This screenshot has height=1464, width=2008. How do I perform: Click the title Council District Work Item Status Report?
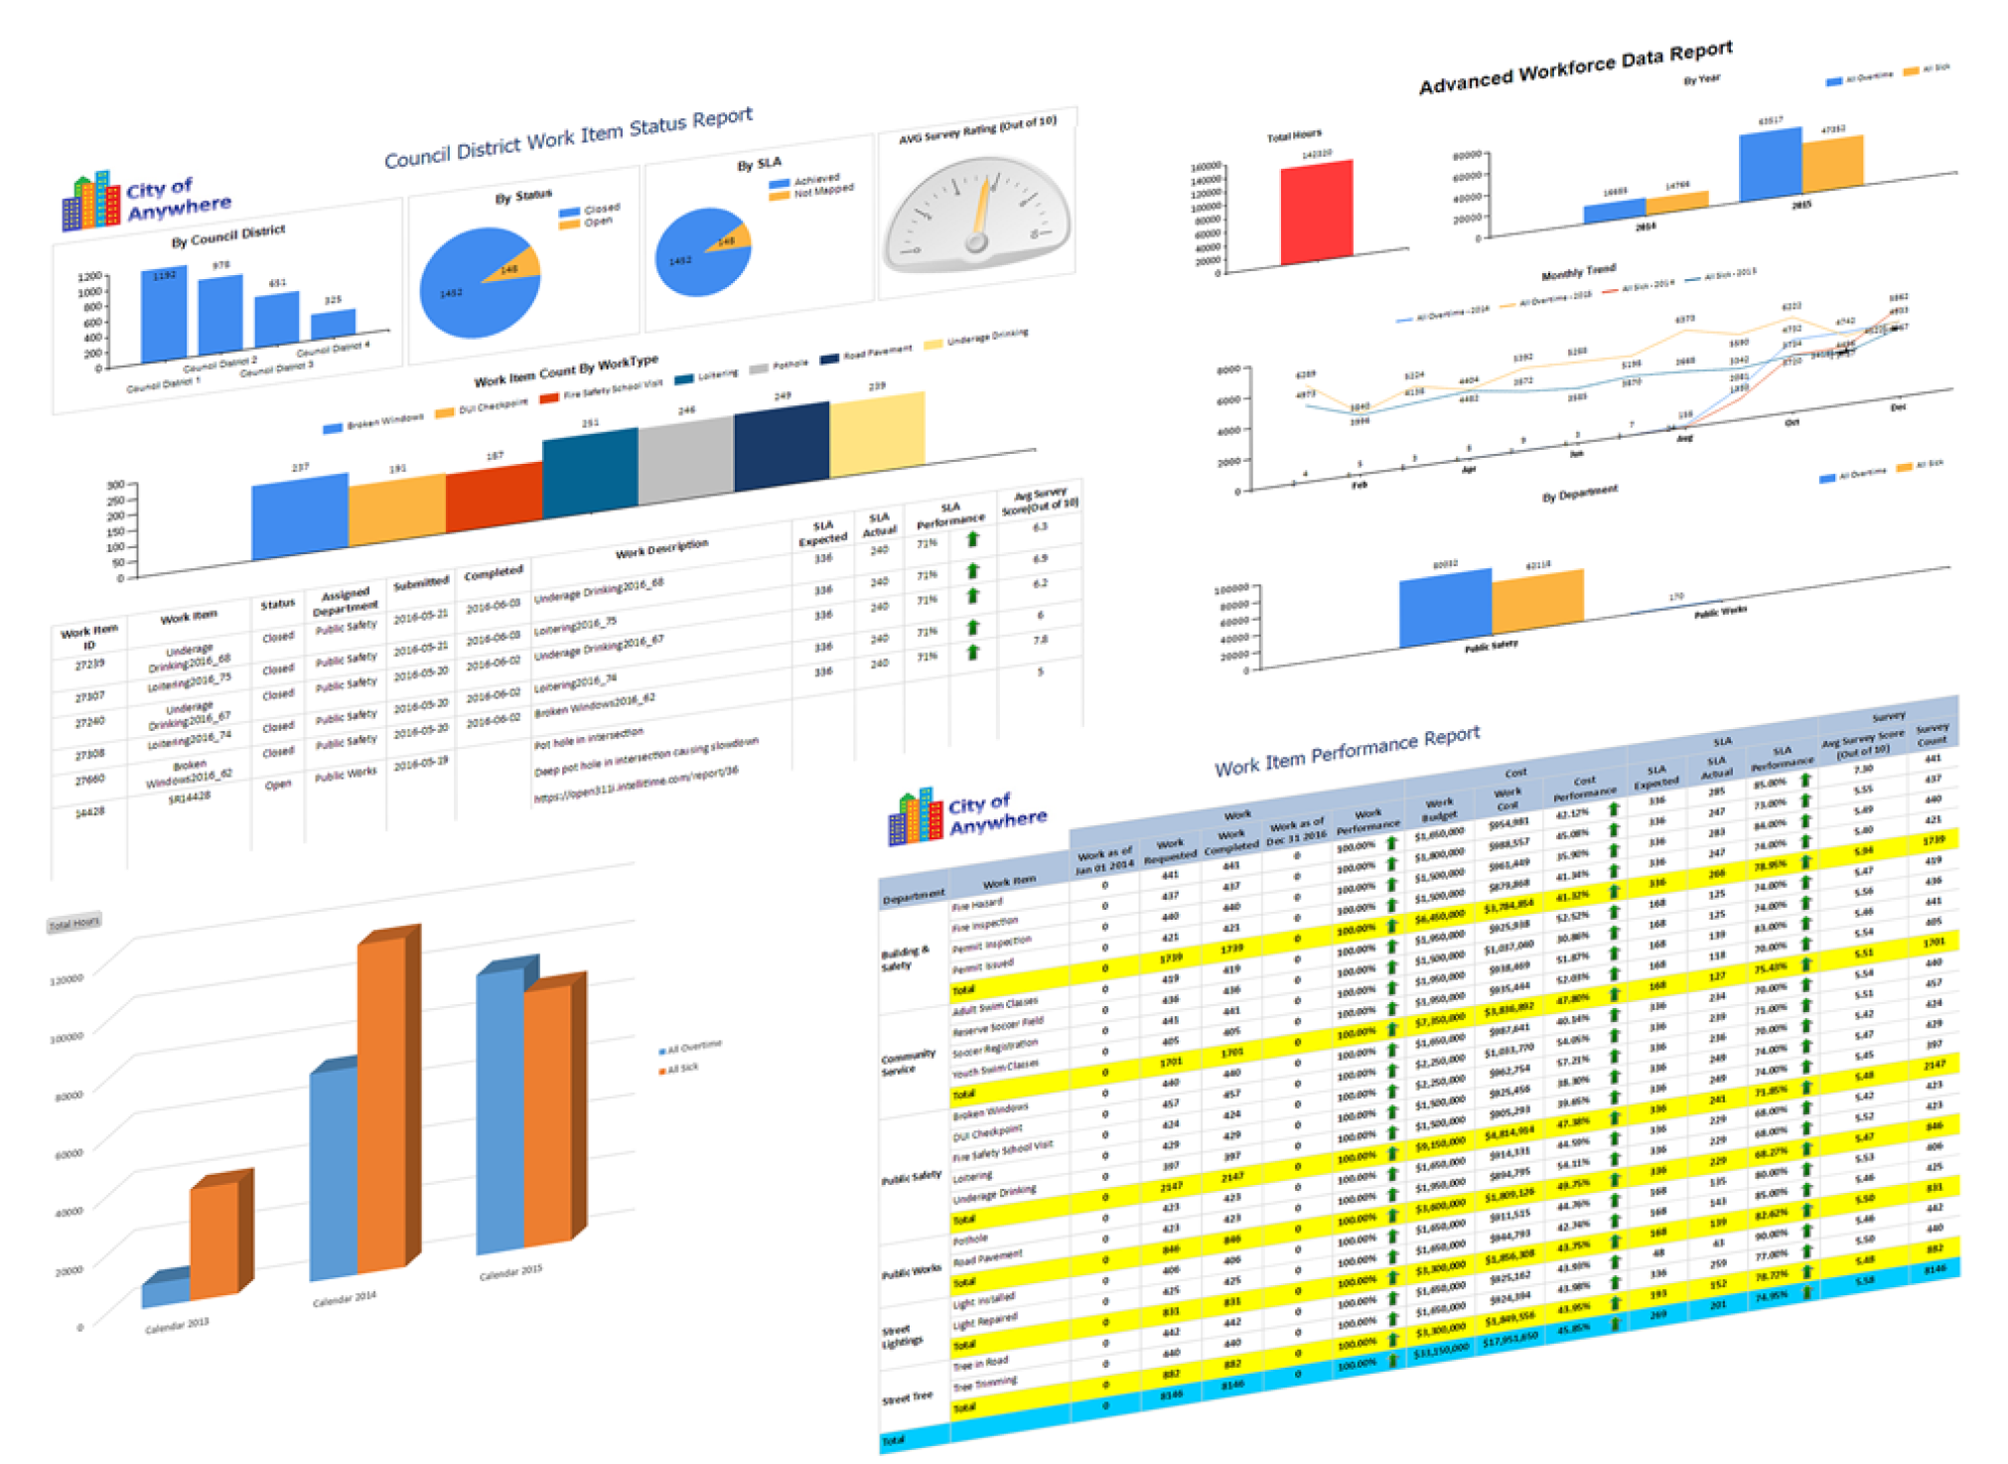pos(568,139)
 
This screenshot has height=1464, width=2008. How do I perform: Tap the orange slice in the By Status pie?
pos(518,265)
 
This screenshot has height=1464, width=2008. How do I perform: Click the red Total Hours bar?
pos(1317,214)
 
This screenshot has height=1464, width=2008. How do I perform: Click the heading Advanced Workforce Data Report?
pos(1575,68)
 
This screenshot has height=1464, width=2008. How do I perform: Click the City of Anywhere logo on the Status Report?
pos(147,201)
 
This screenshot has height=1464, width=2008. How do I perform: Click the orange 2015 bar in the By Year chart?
pos(1832,163)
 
